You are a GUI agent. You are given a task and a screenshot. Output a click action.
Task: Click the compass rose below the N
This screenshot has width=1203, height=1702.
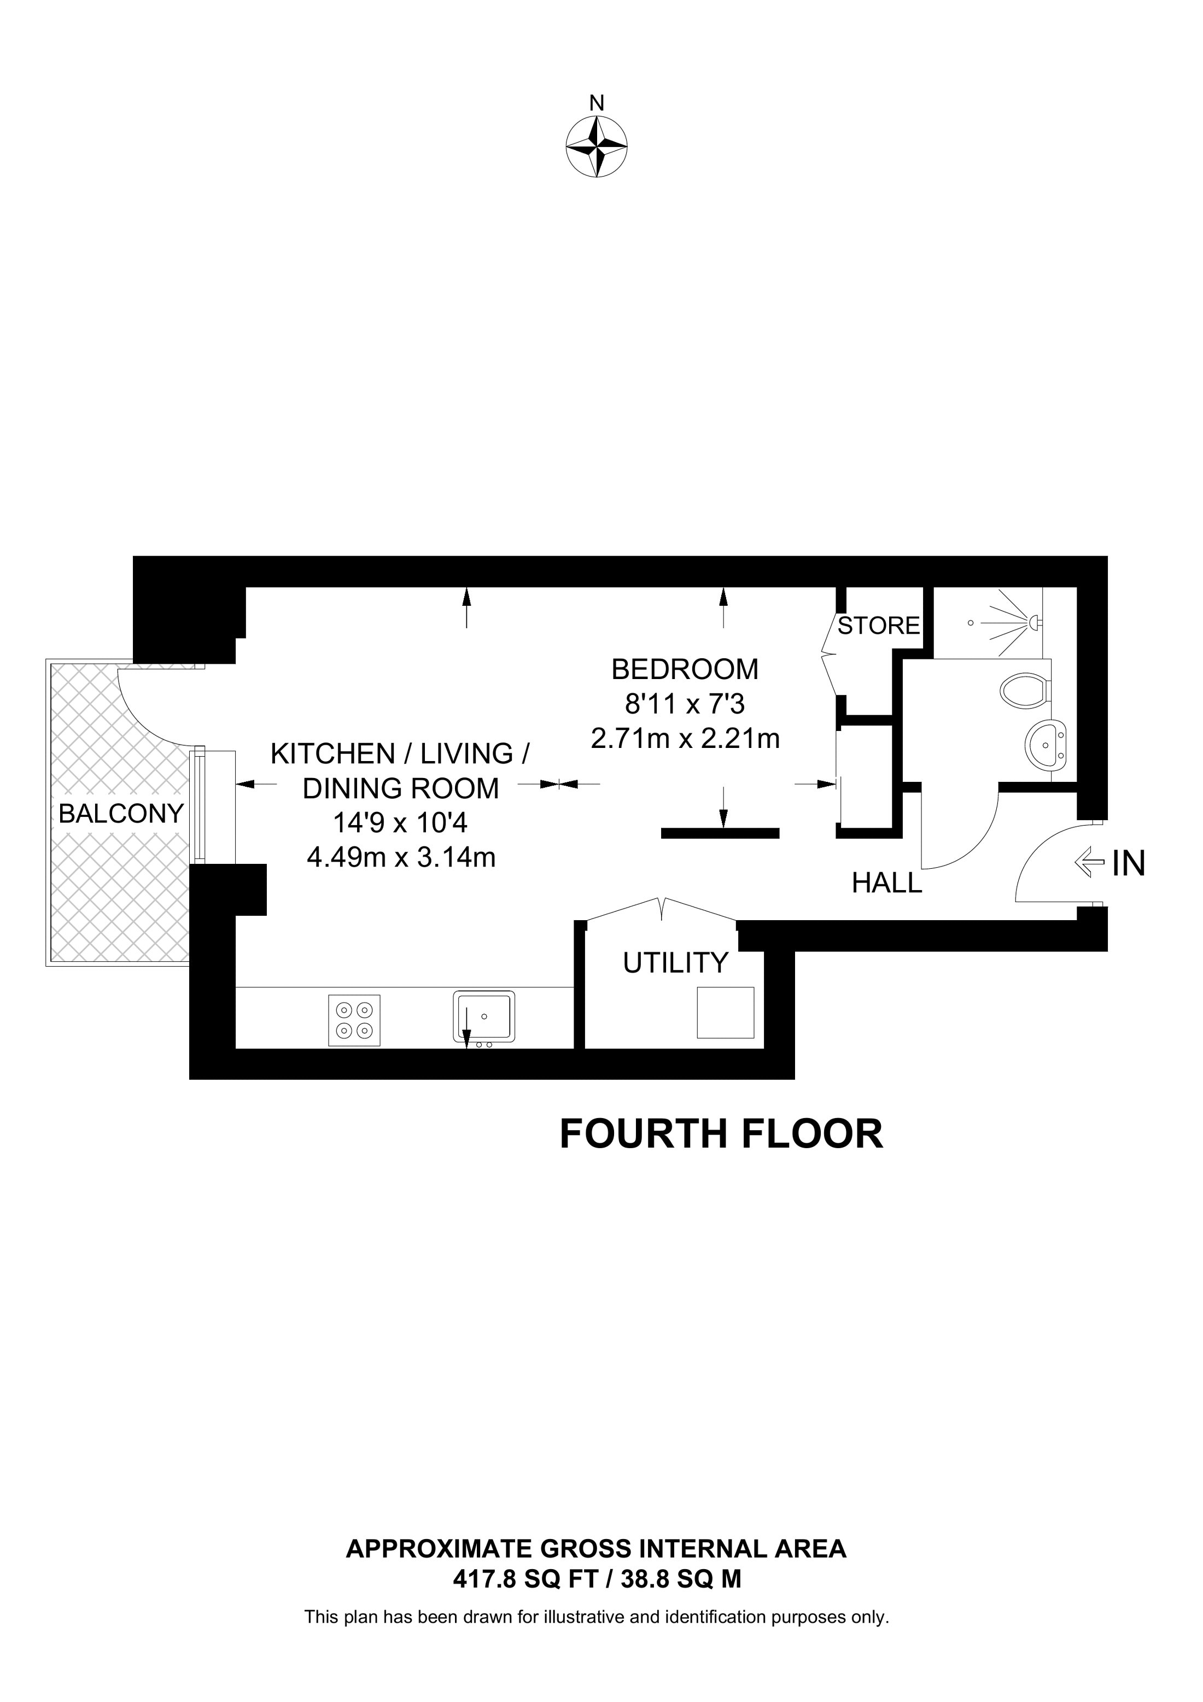pos(597,146)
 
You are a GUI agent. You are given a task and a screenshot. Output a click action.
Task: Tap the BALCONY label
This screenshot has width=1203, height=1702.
pos(121,814)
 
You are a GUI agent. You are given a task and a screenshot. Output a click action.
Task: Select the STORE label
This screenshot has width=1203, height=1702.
pos(878,625)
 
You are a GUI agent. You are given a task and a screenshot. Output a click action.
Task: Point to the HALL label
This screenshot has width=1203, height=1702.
pos(886,883)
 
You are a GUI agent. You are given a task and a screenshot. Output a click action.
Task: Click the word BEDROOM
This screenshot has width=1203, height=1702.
pos(685,669)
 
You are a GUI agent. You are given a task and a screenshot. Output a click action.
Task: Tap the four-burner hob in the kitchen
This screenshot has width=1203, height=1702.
pos(354,1020)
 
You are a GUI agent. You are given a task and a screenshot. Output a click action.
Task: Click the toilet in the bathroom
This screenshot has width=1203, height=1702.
pos(1024,690)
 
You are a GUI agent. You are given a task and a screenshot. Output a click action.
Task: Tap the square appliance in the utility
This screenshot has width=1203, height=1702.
pos(725,1013)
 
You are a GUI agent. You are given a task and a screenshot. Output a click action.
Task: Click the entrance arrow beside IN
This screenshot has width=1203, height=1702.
pos(1089,863)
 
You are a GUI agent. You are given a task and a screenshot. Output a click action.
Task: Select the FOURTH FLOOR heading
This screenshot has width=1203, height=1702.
pos(721,1134)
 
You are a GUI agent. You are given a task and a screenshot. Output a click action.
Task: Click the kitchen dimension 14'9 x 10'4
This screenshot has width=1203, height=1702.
pos(400,823)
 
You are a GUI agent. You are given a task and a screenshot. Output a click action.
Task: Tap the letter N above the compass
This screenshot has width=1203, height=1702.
pos(597,103)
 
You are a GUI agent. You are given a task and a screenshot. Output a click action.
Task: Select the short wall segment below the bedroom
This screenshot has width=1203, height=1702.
pos(720,833)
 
